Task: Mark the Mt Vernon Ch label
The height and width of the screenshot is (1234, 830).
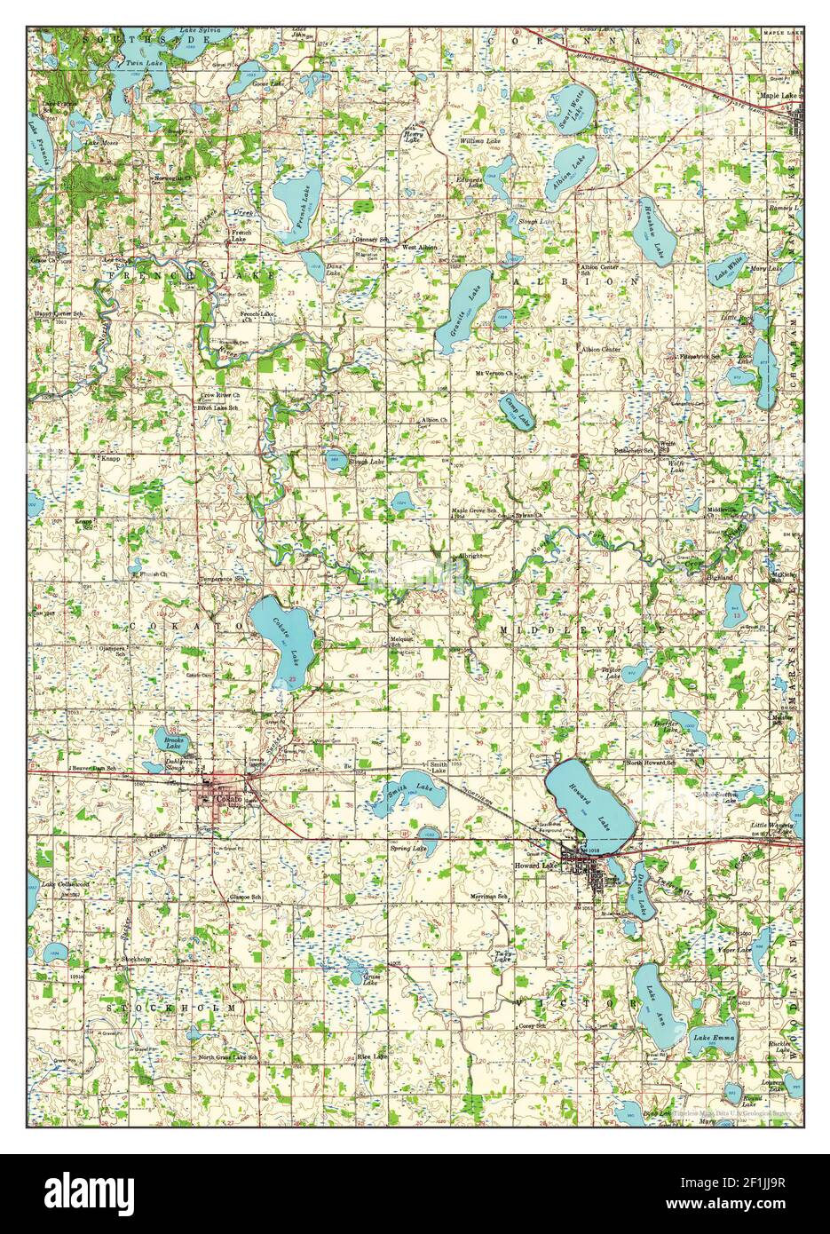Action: point(494,373)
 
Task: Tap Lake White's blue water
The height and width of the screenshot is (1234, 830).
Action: point(730,266)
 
